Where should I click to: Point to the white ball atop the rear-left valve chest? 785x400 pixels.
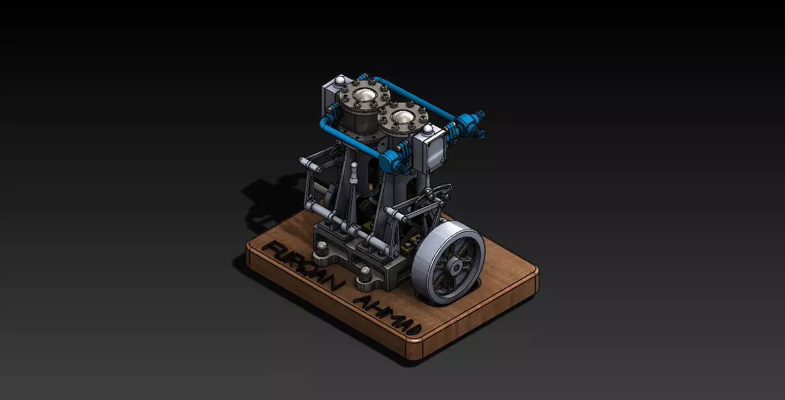pos(340,83)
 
